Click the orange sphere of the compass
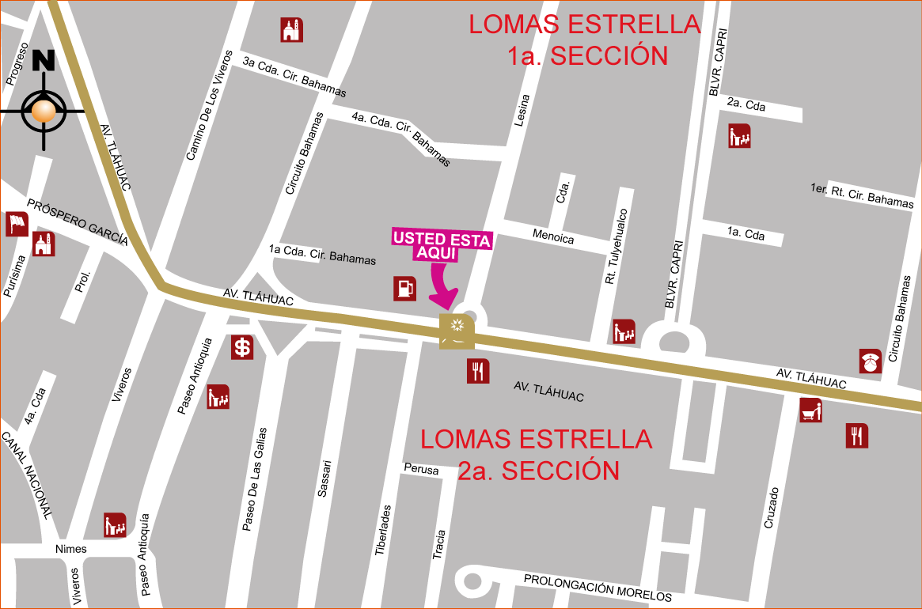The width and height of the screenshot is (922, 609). [44, 112]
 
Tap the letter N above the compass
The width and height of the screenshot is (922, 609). [43, 61]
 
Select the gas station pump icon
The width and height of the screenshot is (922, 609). [404, 289]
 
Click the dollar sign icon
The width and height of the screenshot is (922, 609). [242, 347]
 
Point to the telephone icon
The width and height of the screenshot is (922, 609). [870, 361]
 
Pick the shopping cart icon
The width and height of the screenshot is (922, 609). [810, 410]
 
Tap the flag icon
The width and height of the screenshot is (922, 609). [17, 224]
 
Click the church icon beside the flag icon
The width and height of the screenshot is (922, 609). [44, 244]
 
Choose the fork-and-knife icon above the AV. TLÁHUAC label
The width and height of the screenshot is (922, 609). [477, 371]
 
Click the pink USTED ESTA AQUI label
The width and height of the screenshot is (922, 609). [442, 245]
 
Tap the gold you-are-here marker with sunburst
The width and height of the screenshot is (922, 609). [457, 330]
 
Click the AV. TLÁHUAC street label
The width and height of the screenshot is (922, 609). [548, 391]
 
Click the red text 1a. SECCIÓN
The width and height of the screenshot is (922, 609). [587, 56]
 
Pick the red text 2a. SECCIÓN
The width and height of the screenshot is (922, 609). [538, 471]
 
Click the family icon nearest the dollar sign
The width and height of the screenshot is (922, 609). [218, 396]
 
